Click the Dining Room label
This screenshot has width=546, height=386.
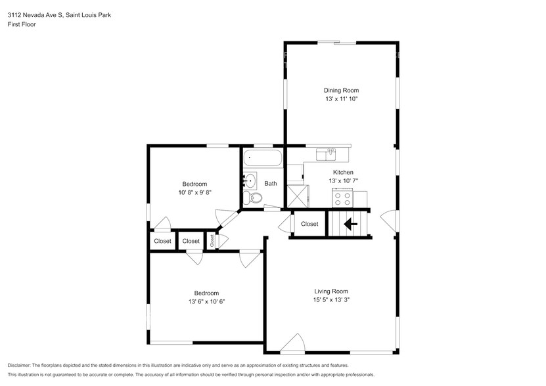341,90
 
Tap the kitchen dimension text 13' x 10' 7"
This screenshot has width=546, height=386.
344,181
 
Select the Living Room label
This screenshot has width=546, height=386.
331,291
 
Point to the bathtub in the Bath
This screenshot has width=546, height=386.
263,158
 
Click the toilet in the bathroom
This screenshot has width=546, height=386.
253,198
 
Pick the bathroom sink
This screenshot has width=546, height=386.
250,181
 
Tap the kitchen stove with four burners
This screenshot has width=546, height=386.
342,198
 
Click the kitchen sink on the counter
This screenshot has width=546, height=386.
326,154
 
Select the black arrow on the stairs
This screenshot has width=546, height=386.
351,224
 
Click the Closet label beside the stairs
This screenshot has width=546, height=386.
309,224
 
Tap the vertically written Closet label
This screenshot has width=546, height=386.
212,240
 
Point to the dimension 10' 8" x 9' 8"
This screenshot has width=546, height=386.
195,192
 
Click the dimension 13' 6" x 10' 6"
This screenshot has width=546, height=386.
206,301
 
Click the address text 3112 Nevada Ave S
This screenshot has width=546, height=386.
35,15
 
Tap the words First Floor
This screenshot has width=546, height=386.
22,24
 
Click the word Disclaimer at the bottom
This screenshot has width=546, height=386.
19,366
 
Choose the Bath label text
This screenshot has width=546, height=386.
271,183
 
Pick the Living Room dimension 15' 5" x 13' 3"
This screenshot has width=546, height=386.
331,300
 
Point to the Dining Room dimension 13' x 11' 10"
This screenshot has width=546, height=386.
342,98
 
